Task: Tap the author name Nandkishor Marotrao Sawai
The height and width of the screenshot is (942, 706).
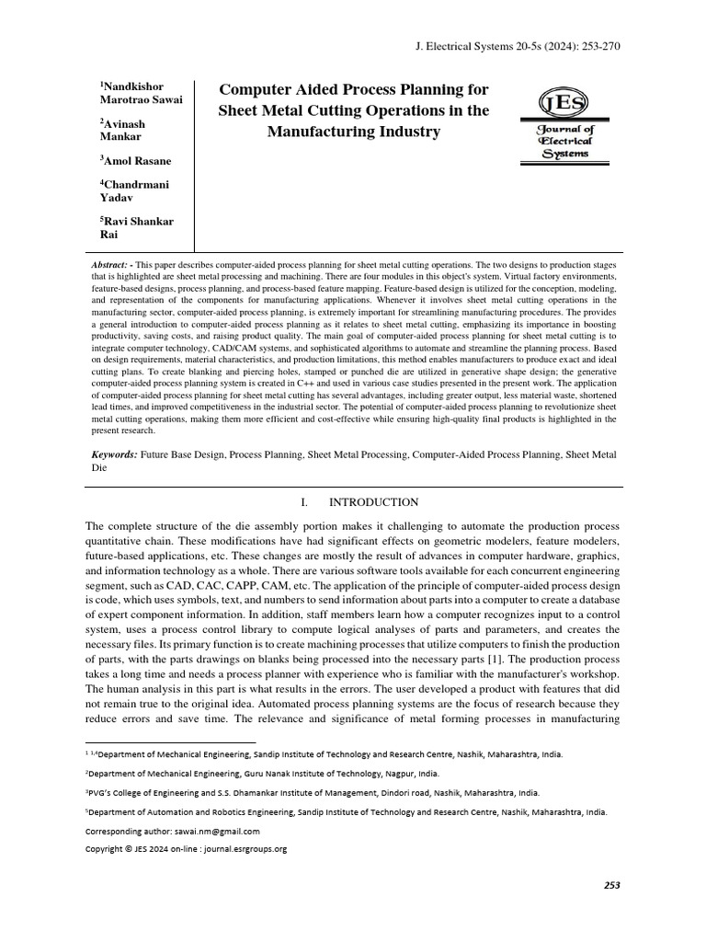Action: (142, 92)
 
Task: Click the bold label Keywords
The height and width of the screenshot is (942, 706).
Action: (113, 454)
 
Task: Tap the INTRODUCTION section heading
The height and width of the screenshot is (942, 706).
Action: (373, 502)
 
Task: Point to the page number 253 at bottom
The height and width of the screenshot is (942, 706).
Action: (611, 885)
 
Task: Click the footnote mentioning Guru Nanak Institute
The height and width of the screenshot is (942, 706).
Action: (262, 774)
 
